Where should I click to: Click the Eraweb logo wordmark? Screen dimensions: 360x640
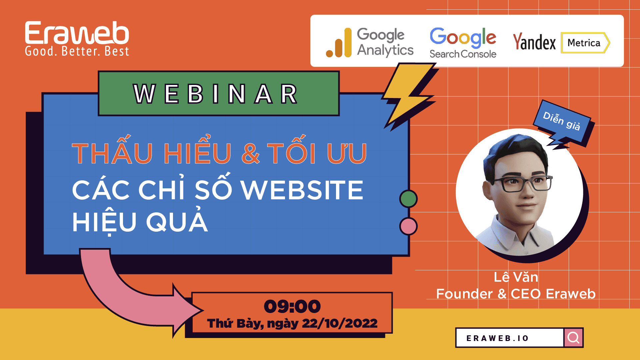pyautogui.click(x=77, y=33)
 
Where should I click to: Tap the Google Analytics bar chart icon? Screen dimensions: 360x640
pyautogui.click(x=339, y=43)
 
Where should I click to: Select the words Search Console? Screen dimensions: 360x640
pyautogui.click(x=463, y=54)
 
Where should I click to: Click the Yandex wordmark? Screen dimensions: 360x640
pyautogui.click(x=534, y=42)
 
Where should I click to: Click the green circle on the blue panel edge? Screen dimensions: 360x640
pyautogui.click(x=408, y=199)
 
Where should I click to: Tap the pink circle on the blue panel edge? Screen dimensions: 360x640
pyautogui.click(x=408, y=226)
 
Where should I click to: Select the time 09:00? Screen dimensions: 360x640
pyautogui.click(x=292, y=306)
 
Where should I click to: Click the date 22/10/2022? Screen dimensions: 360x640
pyautogui.click(x=339, y=323)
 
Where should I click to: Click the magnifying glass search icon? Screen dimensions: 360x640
pyautogui.click(x=573, y=338)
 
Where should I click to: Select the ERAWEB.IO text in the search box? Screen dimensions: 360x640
pyautogui.click(x=497, y=338)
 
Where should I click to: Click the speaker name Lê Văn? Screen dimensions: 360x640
pyautogui.click(x=516, y=277)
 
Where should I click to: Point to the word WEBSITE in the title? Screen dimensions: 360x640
pyautogui.click(x=302, y=190)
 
